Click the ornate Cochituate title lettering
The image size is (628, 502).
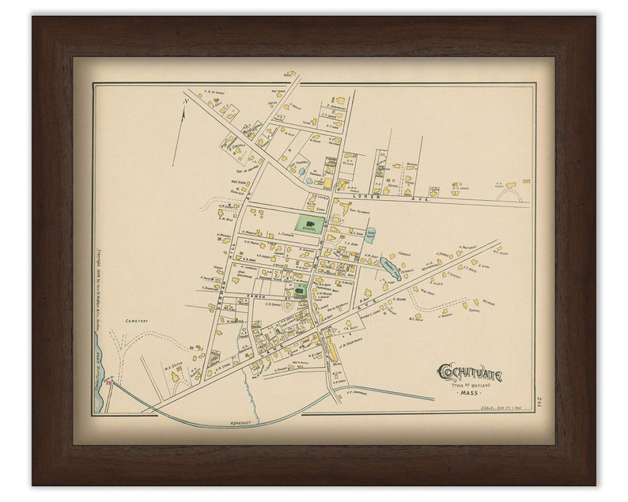pos(470,373)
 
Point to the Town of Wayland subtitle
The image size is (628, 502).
pos(471,384)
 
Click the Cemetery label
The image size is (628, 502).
pos(136,321)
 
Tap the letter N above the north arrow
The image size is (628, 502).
pos(185,101)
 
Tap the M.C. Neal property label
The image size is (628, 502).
pos(417,319)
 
